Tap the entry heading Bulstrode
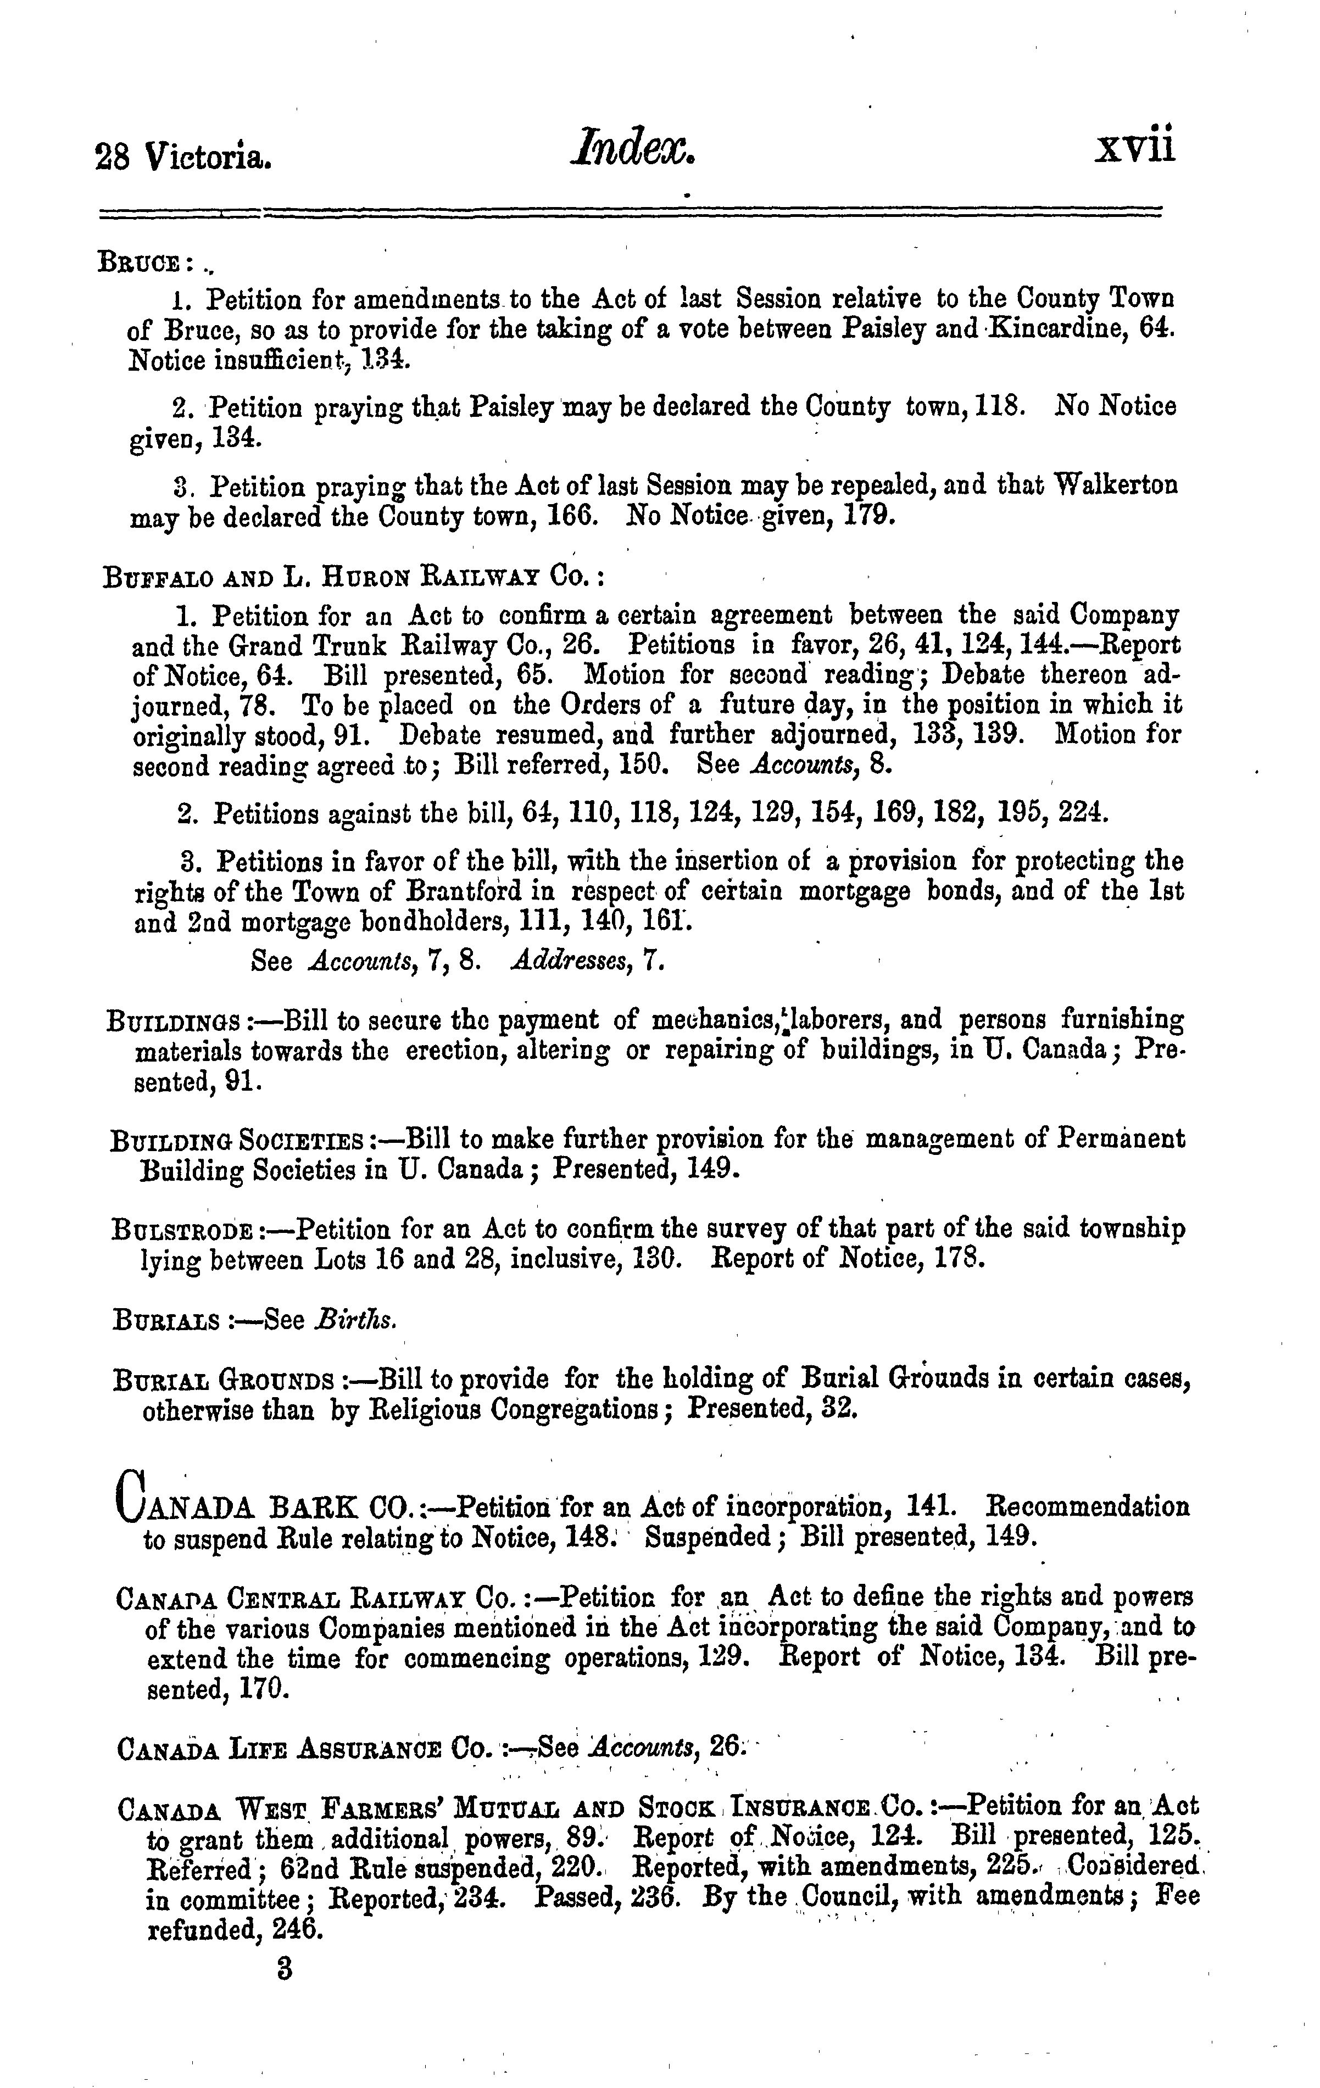click(183, 1231)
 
